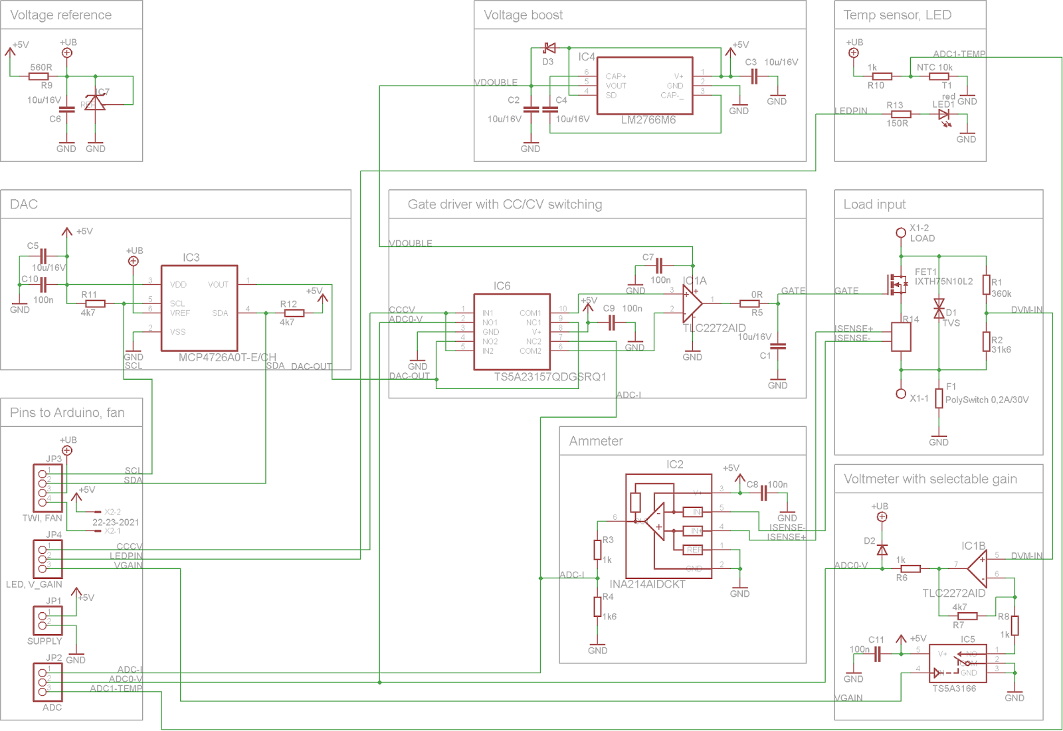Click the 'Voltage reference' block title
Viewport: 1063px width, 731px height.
tap(60, 15)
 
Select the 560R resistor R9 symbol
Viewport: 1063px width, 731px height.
tap(39, 76)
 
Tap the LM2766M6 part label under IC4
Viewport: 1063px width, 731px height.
tap(648, 120)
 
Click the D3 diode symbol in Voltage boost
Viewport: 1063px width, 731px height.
tap(549, 48)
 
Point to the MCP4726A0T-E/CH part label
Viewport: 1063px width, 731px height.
tap(227, 357)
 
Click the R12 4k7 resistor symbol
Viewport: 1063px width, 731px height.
tap(294, 313)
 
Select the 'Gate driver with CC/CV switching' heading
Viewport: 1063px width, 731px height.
tap(505, 204)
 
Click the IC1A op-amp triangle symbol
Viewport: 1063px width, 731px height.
tap(692, 303)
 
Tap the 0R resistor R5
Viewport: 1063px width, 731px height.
tap(749, 303)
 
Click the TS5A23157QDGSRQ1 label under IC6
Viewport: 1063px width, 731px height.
tap(549, 376)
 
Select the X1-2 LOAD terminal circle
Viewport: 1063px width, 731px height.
tap(901, 232)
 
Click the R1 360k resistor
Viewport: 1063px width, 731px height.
tap(987, 284)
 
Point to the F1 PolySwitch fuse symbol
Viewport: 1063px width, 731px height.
tap(939, 398)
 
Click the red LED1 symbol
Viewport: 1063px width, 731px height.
tap(943, 114)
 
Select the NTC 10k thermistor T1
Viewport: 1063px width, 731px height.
tap(939, 76)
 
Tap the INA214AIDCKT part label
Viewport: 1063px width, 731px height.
tap(647, 584)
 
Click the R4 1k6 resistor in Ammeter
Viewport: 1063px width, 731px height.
tap(597, 607)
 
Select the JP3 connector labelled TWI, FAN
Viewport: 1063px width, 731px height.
tap(47, 488)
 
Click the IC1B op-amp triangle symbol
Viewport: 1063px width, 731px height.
tap(977, 569)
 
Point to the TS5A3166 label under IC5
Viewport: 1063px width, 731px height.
tap(953, 689)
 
